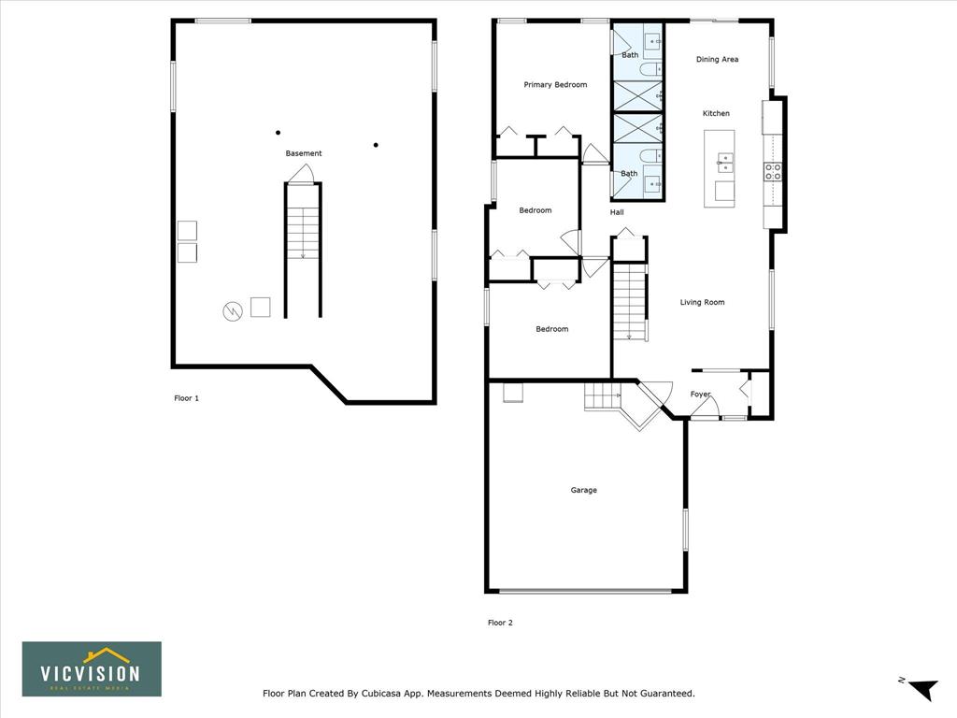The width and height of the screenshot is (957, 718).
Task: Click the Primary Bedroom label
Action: click(x=555, y=85)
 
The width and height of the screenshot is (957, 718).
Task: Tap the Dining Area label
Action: click(x=717, y=59)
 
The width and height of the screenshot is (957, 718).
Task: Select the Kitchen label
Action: click(x=716, y=113)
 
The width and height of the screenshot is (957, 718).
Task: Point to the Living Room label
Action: click(x=703, y=302)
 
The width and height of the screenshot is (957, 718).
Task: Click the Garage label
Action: click(x=583, y=490)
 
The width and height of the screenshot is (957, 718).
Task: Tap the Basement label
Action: click(x=304, y=153)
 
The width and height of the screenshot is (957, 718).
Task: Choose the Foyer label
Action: click(x=700, y=395)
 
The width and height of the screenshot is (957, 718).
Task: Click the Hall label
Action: click(x=617, y=212)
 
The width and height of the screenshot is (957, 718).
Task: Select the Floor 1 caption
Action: click(x=186, y=398)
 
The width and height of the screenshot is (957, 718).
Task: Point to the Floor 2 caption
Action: click(x=500, y=623)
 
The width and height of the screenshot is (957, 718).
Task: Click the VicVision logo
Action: click(x=92, y=669)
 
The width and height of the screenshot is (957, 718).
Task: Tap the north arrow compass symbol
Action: click(x=921, y=688)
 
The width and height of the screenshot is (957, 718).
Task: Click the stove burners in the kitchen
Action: click(x=773, y=172)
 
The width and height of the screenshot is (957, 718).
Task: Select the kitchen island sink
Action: click(x=725, y=161)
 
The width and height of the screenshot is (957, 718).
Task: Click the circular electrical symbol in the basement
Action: click(x=233, y=311)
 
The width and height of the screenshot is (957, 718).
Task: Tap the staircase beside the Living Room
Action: click(x=629, y=301)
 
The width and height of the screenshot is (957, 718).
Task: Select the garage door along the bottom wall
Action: click(x=585, y=591)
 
